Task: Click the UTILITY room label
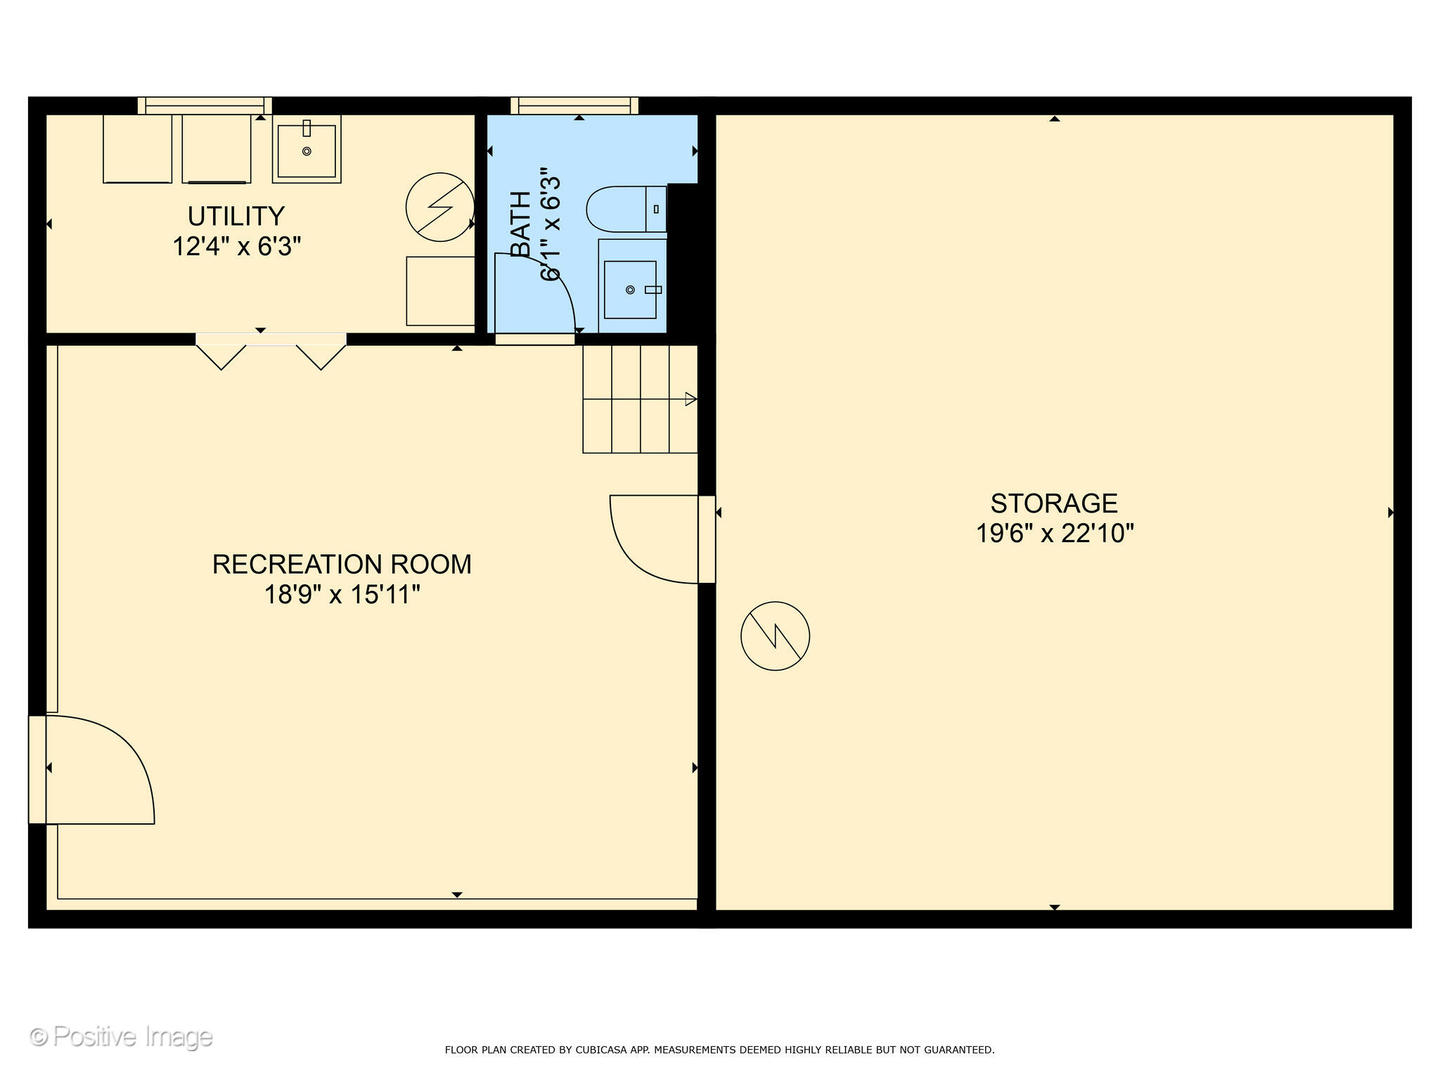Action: point(236,216)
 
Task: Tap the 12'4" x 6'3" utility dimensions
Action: point(236,247)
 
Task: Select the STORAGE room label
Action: point(1054,504)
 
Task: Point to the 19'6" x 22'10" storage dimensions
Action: point(1054,533)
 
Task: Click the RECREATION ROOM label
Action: point(342,565)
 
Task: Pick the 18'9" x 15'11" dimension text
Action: point(342,595)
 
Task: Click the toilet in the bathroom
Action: point(626,209)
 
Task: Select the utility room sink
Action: point(306,151)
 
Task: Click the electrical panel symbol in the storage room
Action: point(775,635)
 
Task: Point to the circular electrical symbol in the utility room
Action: point(440,207)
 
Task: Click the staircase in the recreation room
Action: point(640,399)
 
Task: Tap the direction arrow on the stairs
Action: point(690,399)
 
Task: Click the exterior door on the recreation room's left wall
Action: point(91,769)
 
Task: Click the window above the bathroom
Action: point(574,106)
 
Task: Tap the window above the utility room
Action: point(205,106)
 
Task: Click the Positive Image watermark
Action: point(121,1037)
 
